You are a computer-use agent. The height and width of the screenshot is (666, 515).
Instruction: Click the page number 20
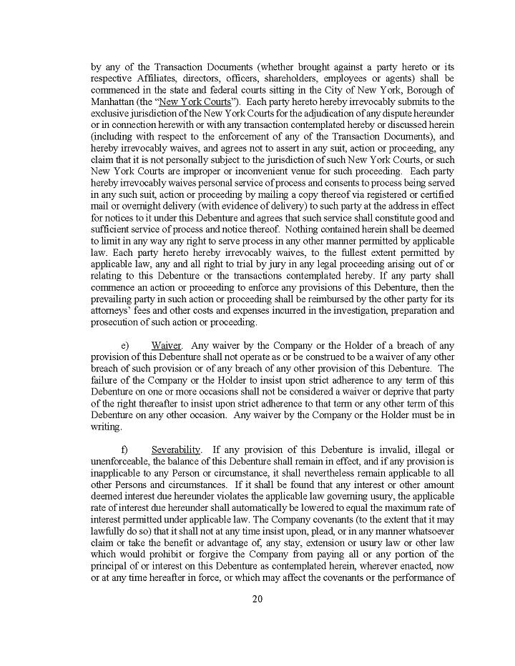(x=257, y=600)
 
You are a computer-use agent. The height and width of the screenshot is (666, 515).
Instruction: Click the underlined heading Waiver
(x=166, y=346)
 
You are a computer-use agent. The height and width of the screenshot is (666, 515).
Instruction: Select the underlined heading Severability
(x=176, y=449)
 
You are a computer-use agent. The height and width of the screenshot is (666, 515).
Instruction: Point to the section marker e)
(x=125, y=346)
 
